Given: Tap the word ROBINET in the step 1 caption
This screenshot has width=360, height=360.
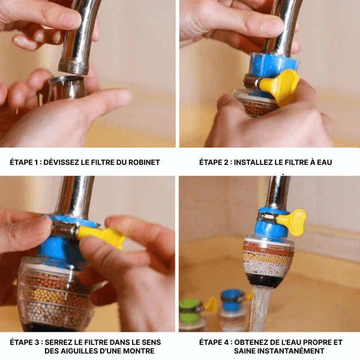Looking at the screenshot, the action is pyautogui.click(x=144, y=163).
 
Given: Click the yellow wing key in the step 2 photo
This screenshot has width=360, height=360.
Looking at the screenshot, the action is pyautogui.click(x=281, y=86).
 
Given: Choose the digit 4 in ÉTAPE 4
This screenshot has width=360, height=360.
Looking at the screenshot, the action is pyautogui.click(x=226, y=343).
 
